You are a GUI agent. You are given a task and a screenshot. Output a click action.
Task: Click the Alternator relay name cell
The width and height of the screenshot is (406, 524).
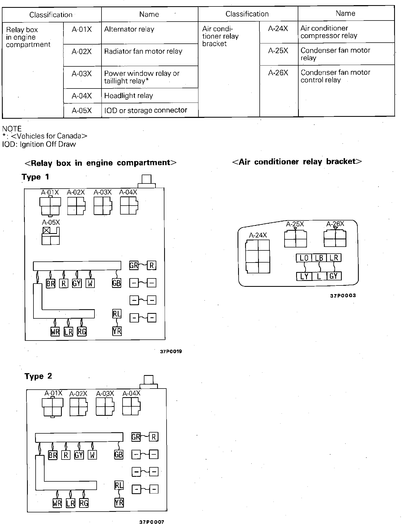(150, 33)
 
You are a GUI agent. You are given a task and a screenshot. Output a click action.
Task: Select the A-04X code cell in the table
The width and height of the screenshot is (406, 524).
(82, 96)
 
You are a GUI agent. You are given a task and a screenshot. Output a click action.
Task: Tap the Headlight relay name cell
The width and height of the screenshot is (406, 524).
(150, 96)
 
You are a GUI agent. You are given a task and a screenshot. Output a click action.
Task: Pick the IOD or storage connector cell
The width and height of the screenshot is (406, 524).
(150, 110)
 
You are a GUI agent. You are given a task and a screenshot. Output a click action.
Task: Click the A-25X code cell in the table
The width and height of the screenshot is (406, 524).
(278, 54)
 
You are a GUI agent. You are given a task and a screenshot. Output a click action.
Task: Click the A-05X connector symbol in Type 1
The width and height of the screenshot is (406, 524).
(51, 236)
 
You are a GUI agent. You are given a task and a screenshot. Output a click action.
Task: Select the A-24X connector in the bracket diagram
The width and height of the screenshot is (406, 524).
(258, 256)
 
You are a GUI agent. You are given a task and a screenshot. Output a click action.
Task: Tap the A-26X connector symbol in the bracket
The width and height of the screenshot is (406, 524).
(335, 238)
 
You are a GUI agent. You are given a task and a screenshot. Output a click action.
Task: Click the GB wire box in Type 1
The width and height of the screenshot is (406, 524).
(116, 283)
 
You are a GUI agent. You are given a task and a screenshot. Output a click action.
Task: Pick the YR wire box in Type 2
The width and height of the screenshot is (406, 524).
(119, 503)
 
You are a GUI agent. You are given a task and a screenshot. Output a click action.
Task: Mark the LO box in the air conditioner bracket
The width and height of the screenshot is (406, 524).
(304, 258)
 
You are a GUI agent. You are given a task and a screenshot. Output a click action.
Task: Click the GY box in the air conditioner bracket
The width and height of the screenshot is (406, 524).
(334, 276)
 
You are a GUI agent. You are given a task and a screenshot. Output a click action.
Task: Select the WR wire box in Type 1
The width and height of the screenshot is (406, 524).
(55, 332)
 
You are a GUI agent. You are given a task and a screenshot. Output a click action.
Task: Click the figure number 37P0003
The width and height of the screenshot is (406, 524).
(343, 296)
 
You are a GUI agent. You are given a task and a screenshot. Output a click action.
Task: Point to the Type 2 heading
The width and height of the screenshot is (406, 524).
(38, 376)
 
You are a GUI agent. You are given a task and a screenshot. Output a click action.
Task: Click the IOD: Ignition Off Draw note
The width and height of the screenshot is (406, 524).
(39, 144)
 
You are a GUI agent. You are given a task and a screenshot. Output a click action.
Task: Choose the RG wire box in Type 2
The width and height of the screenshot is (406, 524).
(84, 503)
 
